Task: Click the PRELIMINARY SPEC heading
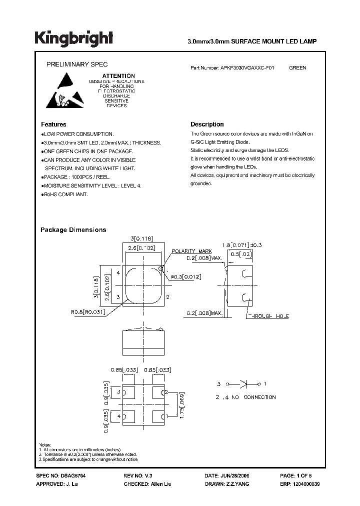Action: coord(77,64)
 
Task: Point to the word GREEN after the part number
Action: coord(297,67)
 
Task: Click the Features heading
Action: coord(53,124)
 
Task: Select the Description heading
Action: coord(207,124)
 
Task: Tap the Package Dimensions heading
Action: coord(73,230)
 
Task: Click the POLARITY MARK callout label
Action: coord(192,251)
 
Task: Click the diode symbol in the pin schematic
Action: coord(245,384)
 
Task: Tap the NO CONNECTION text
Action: coord(256,397)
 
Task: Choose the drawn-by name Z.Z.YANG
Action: coord(237,484)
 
